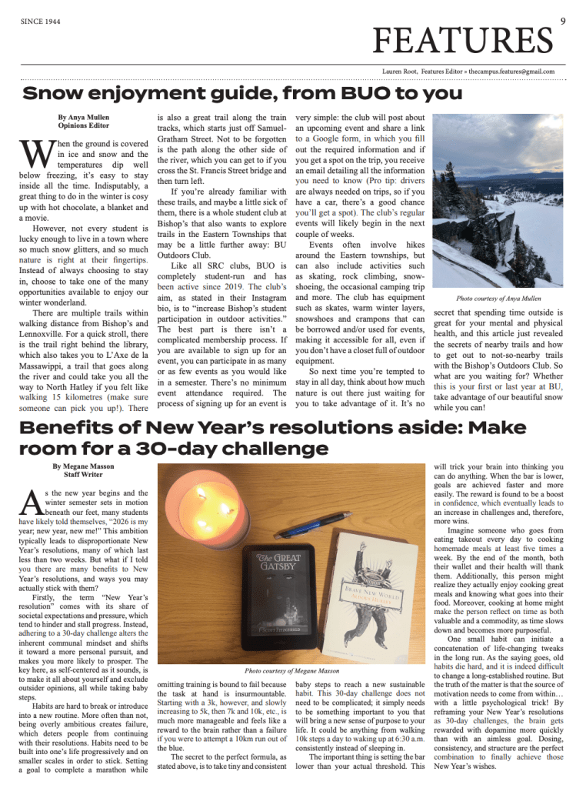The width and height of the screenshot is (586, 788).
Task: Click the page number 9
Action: click(563, 22)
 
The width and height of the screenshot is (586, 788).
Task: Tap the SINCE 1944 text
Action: click(42, 22)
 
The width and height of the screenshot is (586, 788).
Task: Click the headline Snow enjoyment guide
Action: click(242, 95)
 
